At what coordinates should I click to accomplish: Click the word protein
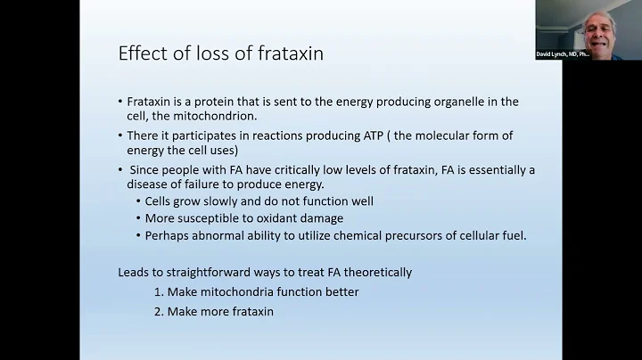click(220, 102)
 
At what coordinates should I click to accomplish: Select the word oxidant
click(265, 218)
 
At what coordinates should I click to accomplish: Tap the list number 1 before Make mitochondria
click(158, 292)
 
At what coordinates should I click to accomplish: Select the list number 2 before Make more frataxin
click(158, 312)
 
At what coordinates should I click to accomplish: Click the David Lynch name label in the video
click(563, 53)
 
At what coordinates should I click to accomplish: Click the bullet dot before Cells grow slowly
click(138, 202)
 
